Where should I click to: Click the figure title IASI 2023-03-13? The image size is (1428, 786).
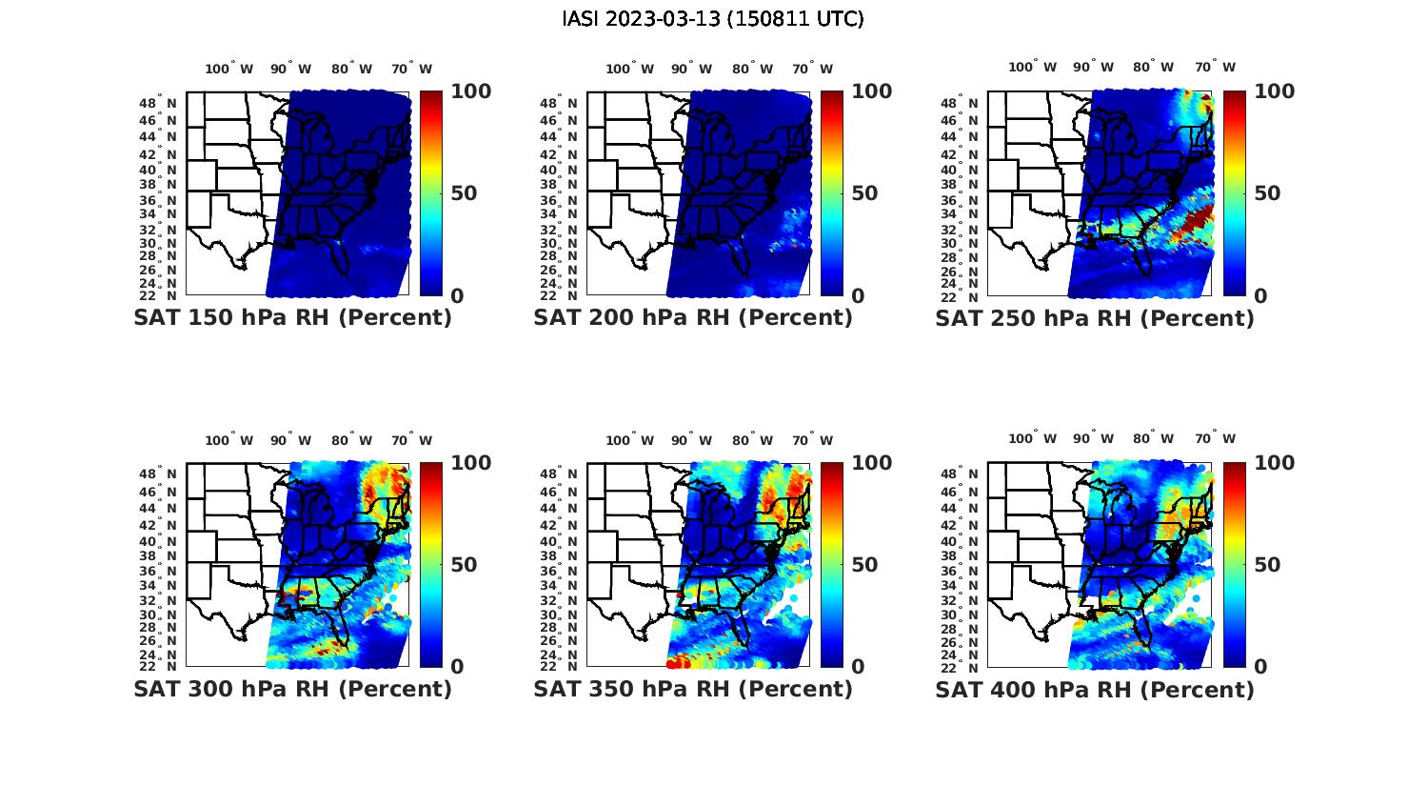pos(713,19)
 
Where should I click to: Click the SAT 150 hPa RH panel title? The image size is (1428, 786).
pos(292,318)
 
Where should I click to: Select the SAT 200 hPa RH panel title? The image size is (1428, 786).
pos(693,318)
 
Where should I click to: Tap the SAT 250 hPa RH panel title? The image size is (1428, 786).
pos(1095,318)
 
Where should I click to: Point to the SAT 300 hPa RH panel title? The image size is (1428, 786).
pos(292,689)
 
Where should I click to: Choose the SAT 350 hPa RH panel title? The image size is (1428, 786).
pos(693,689)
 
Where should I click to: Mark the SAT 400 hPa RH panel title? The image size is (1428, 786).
pos(1095,689)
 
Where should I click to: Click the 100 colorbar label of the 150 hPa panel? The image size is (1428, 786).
pos(470,91)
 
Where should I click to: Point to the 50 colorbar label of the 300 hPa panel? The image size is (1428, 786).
pos(464,565)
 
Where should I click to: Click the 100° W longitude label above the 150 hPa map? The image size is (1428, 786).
pos(229,69)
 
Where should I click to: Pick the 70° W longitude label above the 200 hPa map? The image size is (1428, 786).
pos(811,69)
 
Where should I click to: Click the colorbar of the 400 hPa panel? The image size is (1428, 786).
pos(1233,564)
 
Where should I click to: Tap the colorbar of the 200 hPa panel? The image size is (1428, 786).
pos(831,193)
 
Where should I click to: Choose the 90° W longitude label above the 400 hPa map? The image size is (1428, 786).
pos(1093,439)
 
